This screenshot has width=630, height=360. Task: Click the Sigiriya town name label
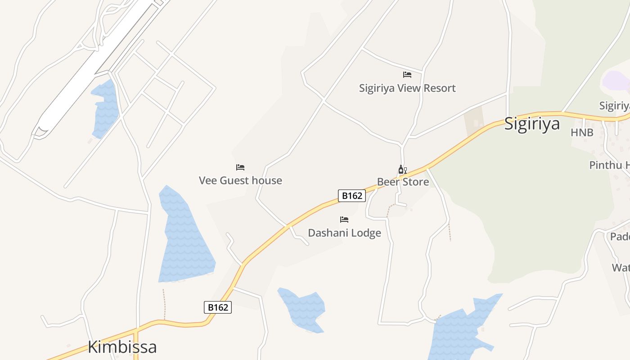531,124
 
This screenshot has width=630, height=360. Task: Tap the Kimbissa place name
122,347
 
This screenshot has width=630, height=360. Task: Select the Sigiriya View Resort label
407,88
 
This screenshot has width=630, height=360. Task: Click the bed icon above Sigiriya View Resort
407,75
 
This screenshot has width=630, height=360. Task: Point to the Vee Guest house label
240,180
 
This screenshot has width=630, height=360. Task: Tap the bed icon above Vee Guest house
240,167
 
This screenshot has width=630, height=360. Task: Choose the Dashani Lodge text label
344,233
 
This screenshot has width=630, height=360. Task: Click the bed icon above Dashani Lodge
344,220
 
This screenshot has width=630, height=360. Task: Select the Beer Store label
403,182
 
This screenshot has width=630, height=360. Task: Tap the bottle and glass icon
402,170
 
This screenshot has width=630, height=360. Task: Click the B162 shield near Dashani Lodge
352,195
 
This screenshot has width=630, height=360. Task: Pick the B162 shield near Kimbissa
218,307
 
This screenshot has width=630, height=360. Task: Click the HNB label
582,133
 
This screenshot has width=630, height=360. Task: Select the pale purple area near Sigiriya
616,81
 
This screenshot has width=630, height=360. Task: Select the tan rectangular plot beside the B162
474,121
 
